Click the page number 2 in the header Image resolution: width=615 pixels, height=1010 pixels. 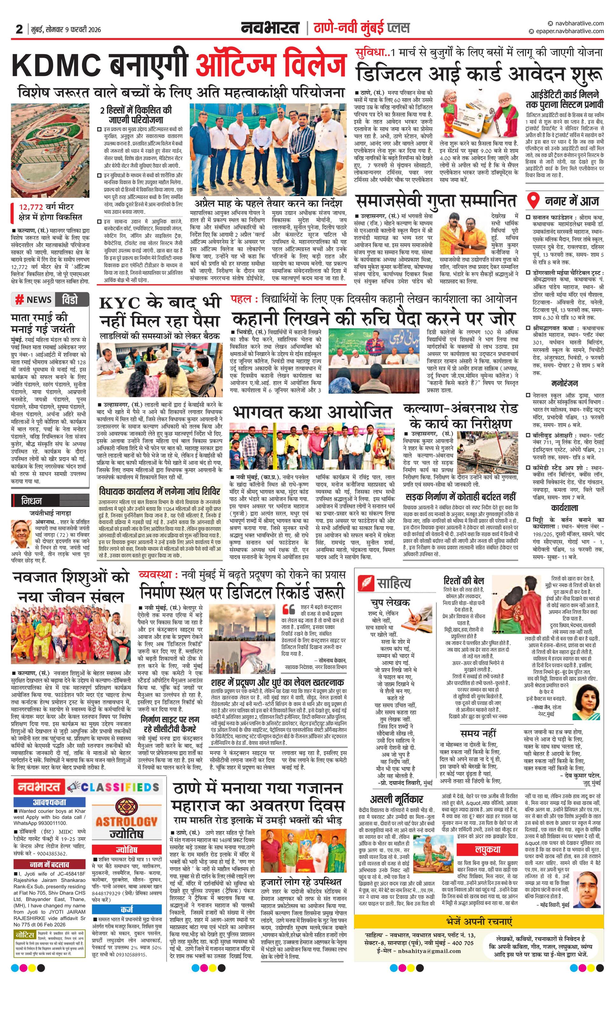tap(19, 29)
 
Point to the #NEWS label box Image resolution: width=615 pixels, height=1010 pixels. tap(34, 300)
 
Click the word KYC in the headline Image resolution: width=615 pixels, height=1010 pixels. tap(120, 303)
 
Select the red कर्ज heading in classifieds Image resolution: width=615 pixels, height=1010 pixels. tap(127, 909)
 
